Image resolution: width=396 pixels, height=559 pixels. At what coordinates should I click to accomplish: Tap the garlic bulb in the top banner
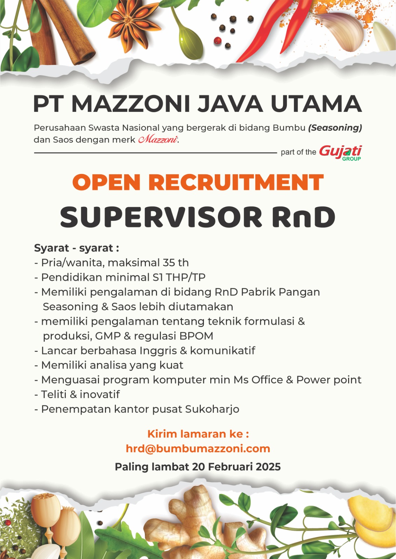coord(342,30)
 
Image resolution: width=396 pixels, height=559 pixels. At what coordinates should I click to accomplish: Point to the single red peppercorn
coord(218,41)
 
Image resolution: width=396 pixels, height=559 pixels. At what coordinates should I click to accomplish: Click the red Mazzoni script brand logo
coord(158,139)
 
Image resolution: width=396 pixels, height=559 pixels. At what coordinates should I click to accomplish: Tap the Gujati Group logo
coord(340,153)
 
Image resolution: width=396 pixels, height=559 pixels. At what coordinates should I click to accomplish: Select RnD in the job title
coord(303,217)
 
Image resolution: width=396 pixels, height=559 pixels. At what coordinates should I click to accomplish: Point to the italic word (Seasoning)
coord(335,128)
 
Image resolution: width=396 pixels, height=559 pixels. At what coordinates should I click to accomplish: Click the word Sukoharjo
coord(212,409)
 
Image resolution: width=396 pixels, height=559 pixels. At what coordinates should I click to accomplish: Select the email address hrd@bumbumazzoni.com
coord(198,449)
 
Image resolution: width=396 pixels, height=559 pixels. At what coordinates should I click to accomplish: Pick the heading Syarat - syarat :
coord(77,248)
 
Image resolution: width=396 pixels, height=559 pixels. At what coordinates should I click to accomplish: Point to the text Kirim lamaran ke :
coord(198,434)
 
